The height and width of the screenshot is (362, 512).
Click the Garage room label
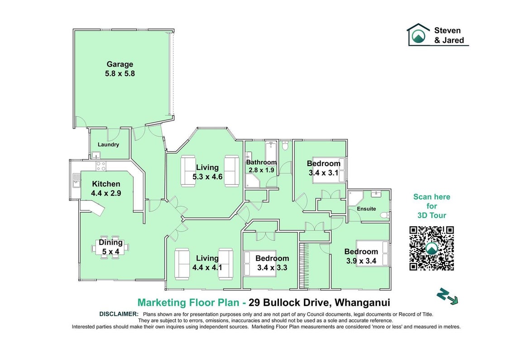[120, 64]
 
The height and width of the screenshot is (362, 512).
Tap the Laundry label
[108, 145]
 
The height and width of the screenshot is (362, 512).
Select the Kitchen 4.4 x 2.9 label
[106, 189]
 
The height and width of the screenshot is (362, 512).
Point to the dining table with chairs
[110, 247]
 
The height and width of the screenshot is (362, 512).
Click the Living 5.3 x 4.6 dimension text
[207, 177]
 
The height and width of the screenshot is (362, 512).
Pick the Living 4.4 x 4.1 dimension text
[207, 268]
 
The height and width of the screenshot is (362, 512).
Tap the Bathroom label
[261, 162]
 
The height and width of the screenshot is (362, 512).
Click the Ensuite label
[366, 209]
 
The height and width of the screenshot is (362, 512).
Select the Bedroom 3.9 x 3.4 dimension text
[361, 261]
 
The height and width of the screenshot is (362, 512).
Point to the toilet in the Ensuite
[385, 215]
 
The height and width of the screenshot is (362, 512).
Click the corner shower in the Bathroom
[253, 181]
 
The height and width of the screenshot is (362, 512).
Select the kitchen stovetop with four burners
[101, 166]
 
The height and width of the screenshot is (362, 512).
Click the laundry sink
[96, 155]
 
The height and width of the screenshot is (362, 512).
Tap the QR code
[432, 248]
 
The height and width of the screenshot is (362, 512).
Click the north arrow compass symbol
[447, 296]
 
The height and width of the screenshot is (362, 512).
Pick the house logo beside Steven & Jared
[418, 34]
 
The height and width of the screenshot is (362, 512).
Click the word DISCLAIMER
[119, 314]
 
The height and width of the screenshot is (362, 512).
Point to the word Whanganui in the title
[363, 303]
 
